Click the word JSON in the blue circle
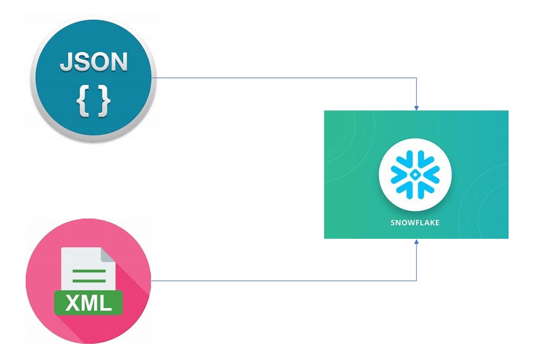(x=94, y=62)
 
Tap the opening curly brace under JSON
(x=83, y=101)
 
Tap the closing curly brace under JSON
(x=104, y=101)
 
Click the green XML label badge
(x=88, y=303)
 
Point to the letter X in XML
(x=73, y=303)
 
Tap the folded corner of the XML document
(x=108, y=255)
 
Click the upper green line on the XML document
(x=89, y=271)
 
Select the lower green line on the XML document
(x=89, y=281)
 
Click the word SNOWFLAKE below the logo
(x=415, y=223)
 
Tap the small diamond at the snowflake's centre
(x=415, y=175)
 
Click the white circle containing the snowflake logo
(x=415, y=174)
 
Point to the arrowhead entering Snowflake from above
(x=417, y=108)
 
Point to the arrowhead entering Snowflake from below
(x=417, y=242)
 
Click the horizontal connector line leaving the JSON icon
(x=284, y=78)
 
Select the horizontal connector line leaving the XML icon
(x=284, y=281)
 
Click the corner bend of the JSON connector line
(x=417, y=78)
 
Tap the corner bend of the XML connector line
(x=417, y=281)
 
